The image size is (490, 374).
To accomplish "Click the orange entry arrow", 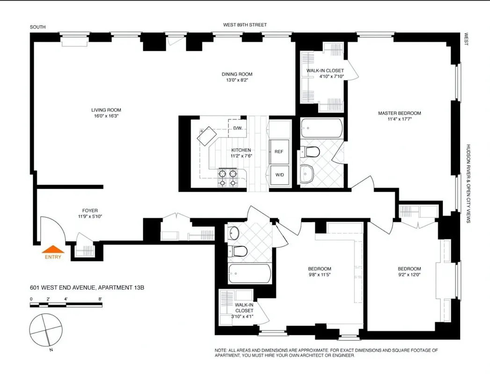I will pos(53,249).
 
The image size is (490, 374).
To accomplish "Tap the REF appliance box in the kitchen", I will pos(279,151).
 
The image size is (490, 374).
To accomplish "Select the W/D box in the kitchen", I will pos(279,175).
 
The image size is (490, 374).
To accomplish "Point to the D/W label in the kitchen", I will pos(237,128).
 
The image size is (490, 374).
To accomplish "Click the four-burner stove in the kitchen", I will pos(227,178).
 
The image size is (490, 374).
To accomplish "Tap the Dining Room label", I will pos(237,74).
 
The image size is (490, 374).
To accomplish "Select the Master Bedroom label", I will pos(399,113).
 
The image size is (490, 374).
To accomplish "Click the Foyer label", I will pos(90,210).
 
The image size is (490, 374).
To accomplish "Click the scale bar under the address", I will pos(58,305).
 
